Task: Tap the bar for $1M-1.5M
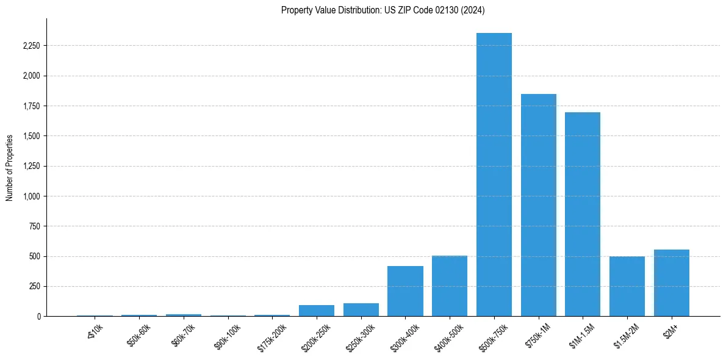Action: pos(583,214)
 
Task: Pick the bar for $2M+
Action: pos(672,283)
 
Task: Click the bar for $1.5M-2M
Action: pos(627,286)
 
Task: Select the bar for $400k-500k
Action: pos(450,286)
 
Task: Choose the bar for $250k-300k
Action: pos(361,310)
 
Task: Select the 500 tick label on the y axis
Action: pos(35,256)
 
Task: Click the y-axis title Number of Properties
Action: pos(9,167)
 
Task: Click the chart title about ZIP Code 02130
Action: pos(383,10)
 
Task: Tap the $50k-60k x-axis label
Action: pos(138,336)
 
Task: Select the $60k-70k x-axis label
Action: pos(182,336)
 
